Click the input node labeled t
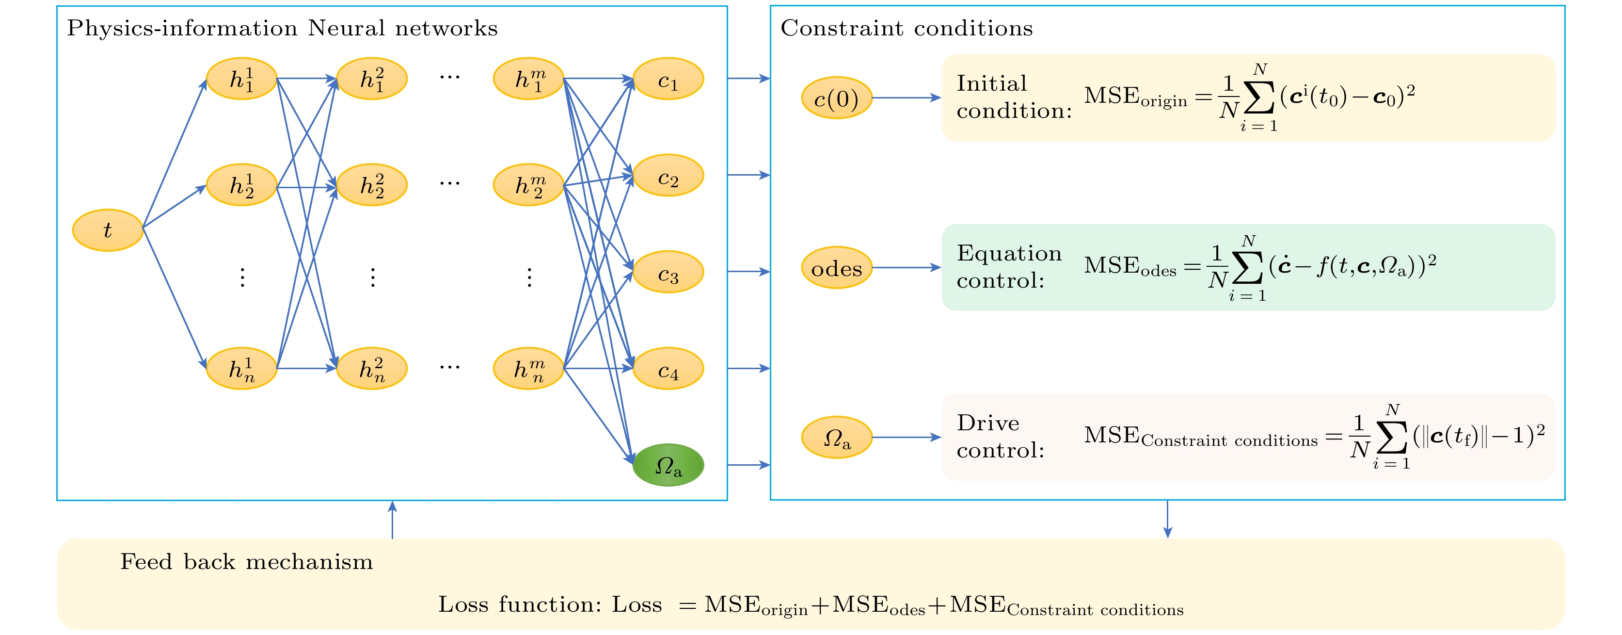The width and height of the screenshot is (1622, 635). (108, 230)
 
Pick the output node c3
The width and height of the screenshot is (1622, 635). (668, 272)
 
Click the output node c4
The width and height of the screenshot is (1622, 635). (668, 369)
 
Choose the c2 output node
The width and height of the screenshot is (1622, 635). (668, 176)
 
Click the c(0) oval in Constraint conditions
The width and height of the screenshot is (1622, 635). (836, 98)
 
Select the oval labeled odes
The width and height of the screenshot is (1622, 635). (836, 268)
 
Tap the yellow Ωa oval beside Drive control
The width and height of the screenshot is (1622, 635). (836, 437)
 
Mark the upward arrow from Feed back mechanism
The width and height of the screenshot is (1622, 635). (392, 520)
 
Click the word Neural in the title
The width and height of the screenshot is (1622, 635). (346, 28)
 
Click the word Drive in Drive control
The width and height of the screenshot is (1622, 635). (987, 423)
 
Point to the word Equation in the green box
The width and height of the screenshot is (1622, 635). (1009, 253)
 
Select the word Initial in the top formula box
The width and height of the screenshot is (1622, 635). (992, 83)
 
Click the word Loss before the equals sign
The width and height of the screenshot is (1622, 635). (636, 605)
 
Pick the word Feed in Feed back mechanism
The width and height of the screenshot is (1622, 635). (146, 561)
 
